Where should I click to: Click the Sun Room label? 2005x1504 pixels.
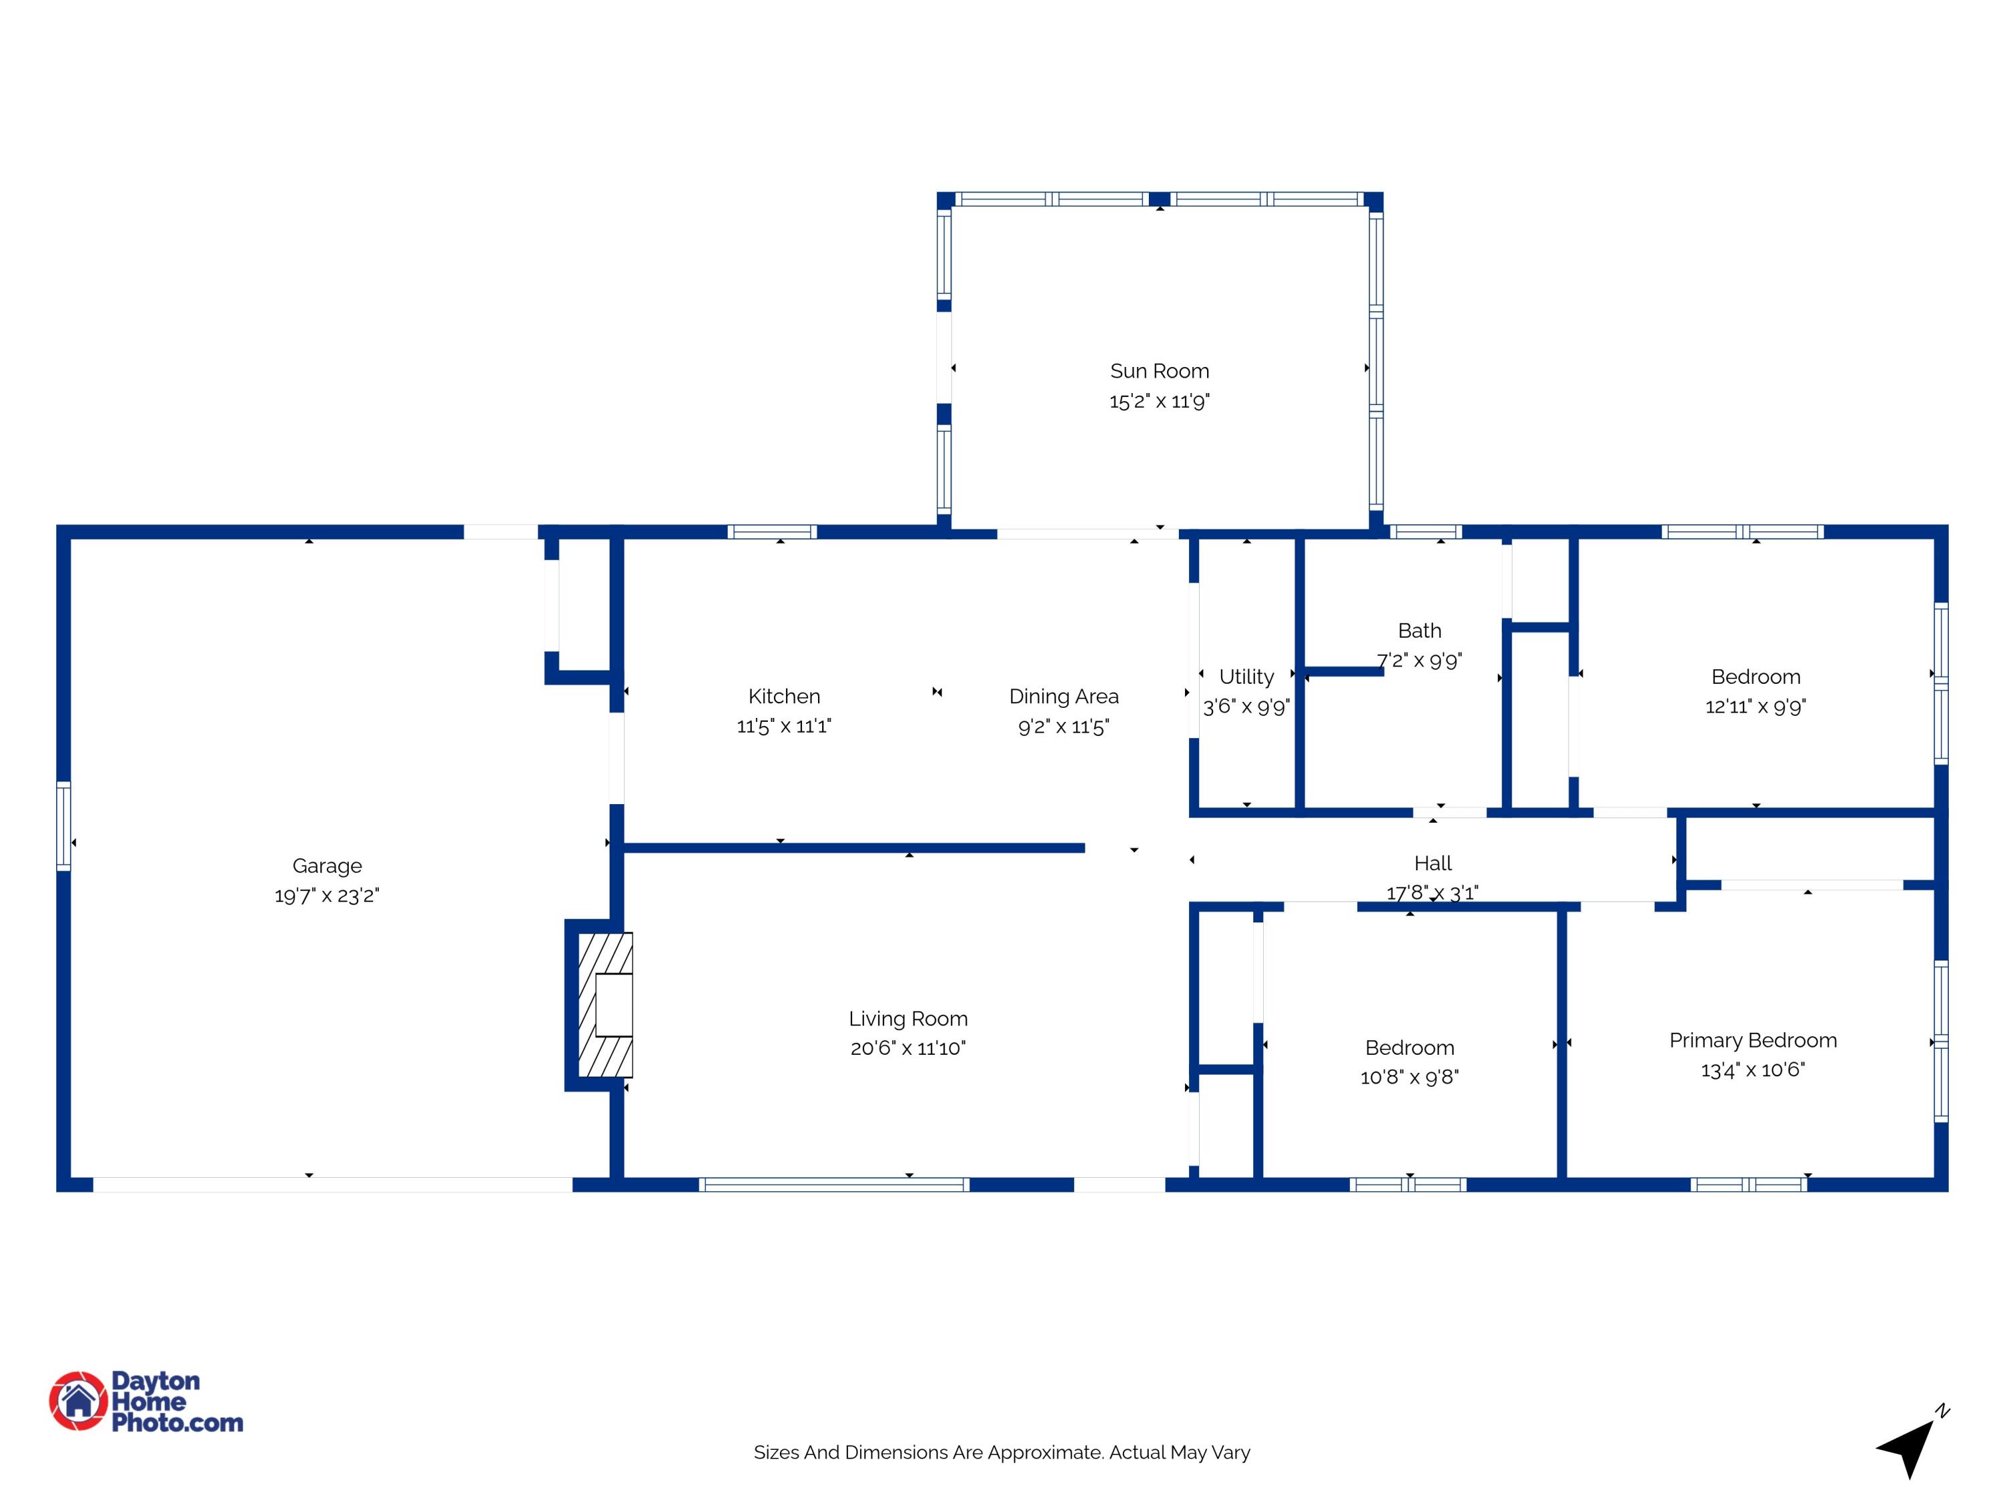tap(1160, 371)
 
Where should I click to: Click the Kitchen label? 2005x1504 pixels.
tap(784, 697)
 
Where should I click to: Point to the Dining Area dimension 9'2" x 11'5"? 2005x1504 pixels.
tap(1063, 726)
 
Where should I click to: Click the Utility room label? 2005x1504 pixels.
tap(1246, 676)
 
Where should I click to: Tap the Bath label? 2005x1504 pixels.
tap(1420, 630)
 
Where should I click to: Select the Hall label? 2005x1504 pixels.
tap(1433, 863)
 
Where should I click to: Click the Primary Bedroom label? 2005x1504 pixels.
tap(1753, 1040)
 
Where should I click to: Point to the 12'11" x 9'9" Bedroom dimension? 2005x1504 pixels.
tap(1756, 707)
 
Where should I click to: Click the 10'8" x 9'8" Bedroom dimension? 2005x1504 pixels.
tap(1410, 1077)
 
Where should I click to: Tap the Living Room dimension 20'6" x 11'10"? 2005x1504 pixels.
tap(908, 1048)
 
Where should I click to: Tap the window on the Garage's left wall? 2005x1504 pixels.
tap(63, 826)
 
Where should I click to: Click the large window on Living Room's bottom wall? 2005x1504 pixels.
tap(834, 1184)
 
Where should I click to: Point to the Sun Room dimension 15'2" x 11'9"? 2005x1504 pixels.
tap(1160, 400)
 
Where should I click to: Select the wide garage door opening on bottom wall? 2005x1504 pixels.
tap(333, 1184)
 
